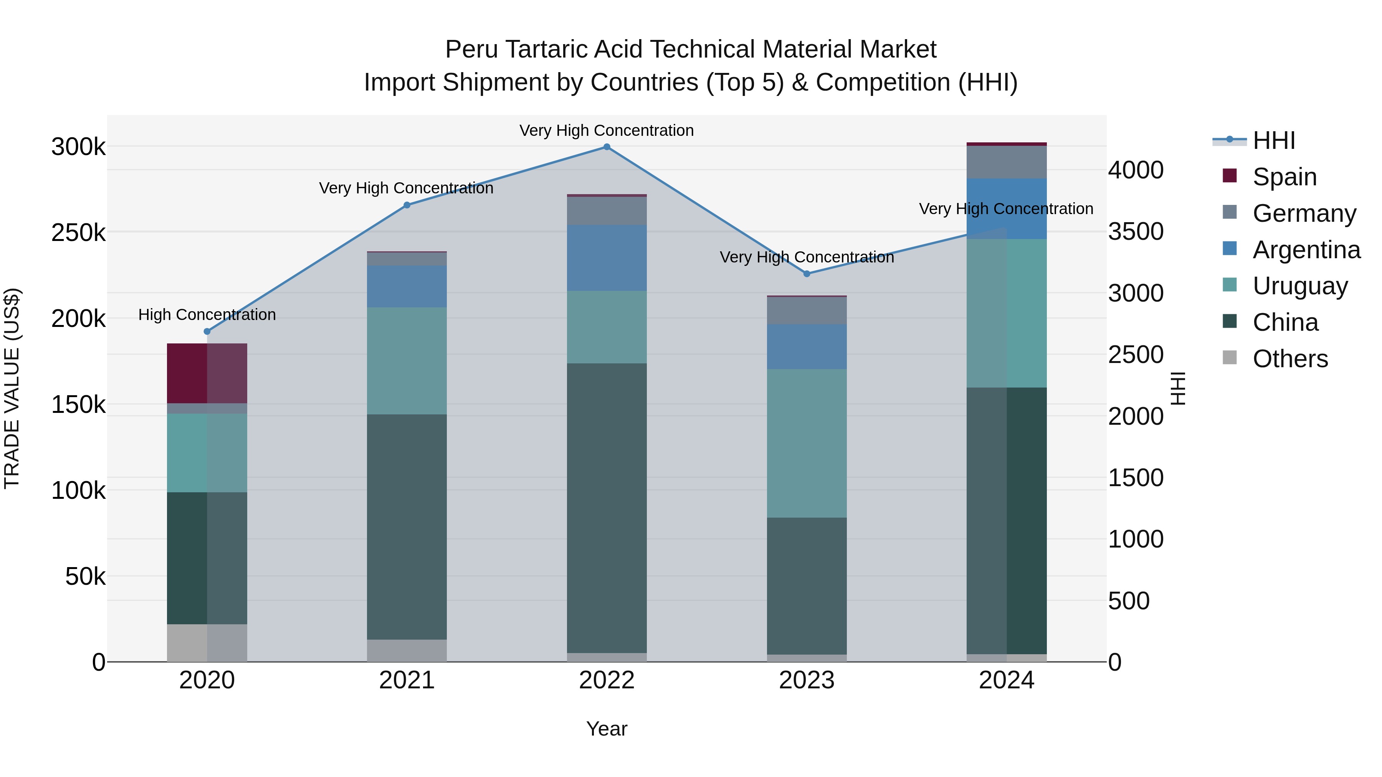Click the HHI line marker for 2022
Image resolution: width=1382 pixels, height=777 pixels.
click(x=607, y=147)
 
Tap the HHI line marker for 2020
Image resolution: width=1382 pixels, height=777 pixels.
click(x=207, y=332)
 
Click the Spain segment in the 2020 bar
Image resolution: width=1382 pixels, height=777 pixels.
click(x=207, y=373)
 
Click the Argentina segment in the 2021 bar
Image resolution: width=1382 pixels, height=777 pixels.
click(x=407, y=286)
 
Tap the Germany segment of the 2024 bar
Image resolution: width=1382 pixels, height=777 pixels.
click(x=1007, y=162)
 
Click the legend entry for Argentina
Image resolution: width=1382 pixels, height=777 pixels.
click(x=1306, y=250)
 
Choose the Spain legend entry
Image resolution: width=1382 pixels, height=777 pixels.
click(x=1284, y=177)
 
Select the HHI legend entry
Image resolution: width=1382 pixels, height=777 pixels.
click(x=1274, y=140)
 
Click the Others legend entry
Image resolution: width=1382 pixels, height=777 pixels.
click(x=1290, y=359)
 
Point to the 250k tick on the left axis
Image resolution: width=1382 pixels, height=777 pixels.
click(x=78, y=233)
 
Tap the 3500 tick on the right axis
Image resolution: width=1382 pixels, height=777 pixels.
click(x=1136, y=232)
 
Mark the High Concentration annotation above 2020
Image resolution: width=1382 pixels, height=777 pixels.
click(x=207, y=315)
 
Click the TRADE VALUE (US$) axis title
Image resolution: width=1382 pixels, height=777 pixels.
click(x=12, y=388)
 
